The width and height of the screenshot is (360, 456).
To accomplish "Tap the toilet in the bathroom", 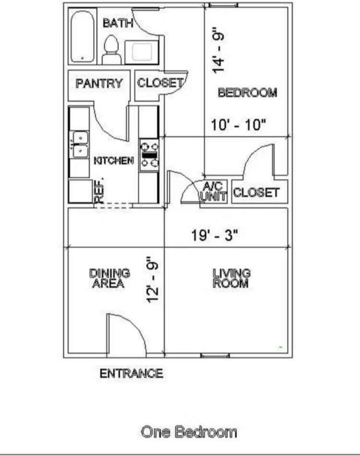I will click(111, 49).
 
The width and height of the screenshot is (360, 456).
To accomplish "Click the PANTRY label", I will click(99, 83).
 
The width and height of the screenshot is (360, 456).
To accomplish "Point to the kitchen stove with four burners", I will click(149, 155).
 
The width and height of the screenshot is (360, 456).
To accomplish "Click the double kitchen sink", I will click(80, 145).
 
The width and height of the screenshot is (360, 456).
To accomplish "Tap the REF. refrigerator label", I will click(99, 192).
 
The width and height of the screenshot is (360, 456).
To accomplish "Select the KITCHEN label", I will click(113, 161).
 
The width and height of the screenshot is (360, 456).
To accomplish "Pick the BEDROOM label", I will click(248, 93).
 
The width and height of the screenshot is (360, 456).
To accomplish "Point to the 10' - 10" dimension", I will click(239, 125).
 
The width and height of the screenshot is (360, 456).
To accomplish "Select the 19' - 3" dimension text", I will click(215, 235).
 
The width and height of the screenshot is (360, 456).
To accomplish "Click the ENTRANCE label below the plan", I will click(131, 373).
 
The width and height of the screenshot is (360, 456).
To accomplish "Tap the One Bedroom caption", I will click(189, 432).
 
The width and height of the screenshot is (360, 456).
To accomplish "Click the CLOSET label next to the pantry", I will click(160, 83).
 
